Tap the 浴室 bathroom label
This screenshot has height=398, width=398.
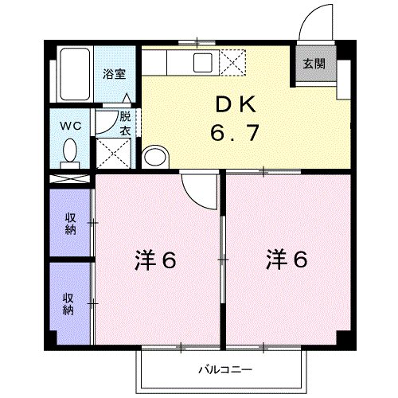point(115,74)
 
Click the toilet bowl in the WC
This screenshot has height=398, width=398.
point(70,150)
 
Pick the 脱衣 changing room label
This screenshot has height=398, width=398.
point(125,123)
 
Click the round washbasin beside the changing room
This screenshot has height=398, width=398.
point(154,155)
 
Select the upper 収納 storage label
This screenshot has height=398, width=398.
point(70,222)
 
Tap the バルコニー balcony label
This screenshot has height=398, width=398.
point(225,370)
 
